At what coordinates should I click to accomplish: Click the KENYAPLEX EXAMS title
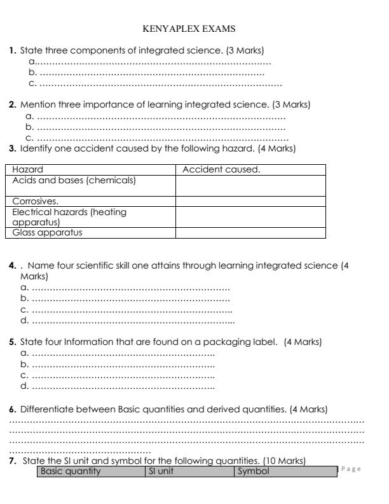pos(194,29)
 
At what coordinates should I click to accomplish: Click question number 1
pos(13,50)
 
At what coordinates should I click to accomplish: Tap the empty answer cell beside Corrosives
pos(250,202)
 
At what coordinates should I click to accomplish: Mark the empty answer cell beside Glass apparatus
pos(250,232)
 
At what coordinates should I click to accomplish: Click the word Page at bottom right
pos(352,469)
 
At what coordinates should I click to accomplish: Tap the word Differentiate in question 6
pos(46,409)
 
